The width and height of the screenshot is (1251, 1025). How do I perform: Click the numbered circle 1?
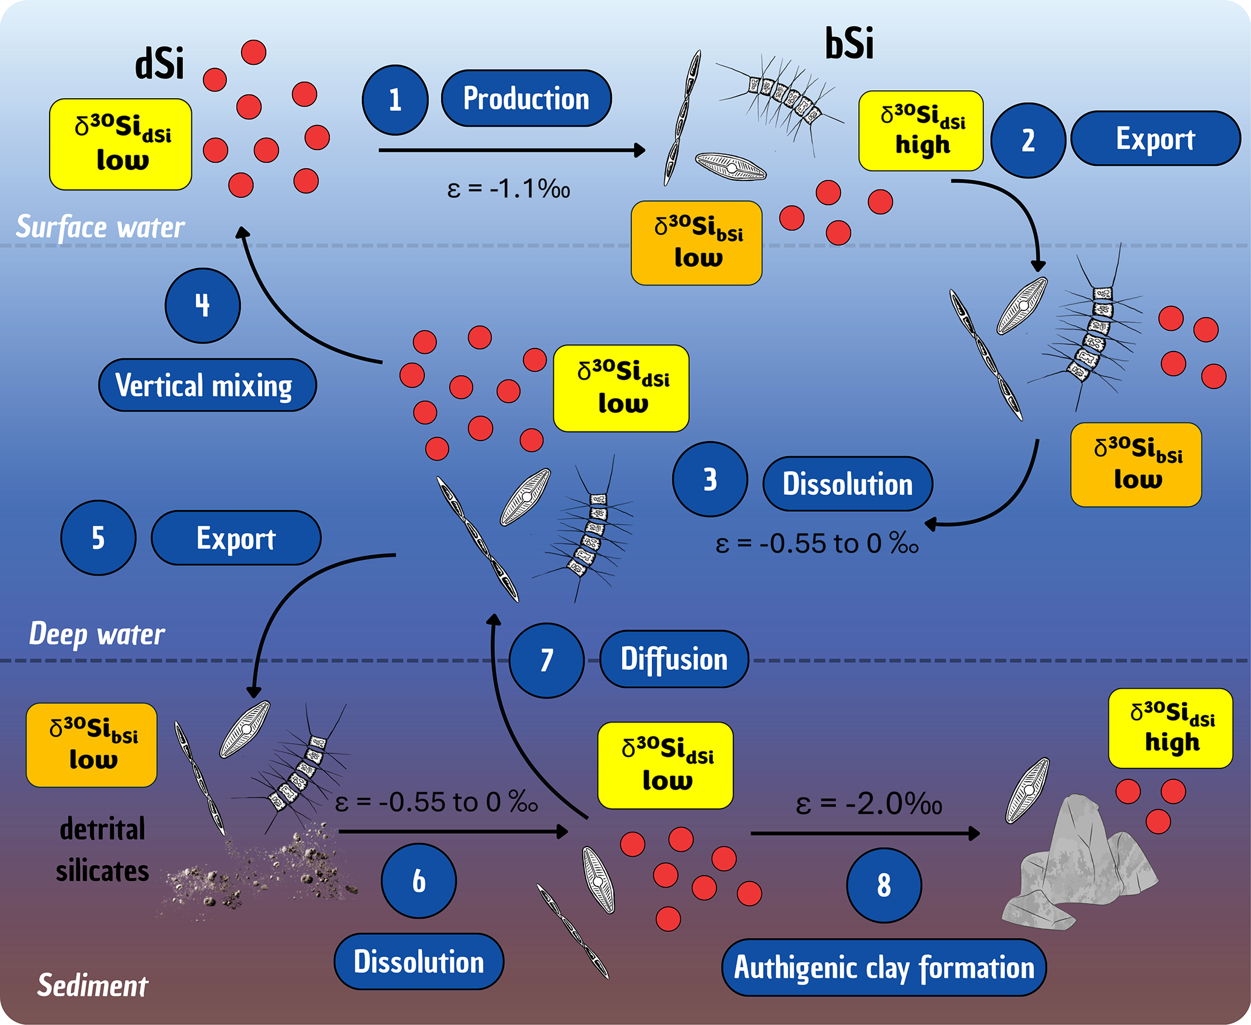[x=395, y=100]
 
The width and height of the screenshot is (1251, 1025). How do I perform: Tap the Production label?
[x=526, y=98]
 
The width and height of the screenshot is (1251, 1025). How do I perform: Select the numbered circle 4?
[x=203, y=306]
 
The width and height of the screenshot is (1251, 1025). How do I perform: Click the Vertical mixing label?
[x=207, y=385]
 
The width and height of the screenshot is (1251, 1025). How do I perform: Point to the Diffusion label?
[x=674, y=659]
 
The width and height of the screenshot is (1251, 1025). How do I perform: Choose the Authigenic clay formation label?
[x=884, y=968]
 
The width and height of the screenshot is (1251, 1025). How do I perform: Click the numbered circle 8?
[x=884, y=885]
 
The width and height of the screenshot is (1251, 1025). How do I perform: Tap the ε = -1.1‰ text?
[x=508, y=189]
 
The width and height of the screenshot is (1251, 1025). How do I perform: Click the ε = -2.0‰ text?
[x=868, y=804]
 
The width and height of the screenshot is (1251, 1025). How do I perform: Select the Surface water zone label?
[x=100, y=228]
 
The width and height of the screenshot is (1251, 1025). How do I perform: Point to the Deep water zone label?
[x=97, y=634]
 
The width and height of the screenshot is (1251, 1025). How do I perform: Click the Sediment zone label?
[x=93, y=986]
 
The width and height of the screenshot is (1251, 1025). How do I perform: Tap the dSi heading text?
[x=159, y=64]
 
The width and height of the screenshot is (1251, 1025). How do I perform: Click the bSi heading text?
[x=849, y=44]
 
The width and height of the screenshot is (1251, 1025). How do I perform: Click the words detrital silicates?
[x=102, y=850]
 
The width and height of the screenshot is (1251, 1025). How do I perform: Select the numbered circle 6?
[x=419, y=881]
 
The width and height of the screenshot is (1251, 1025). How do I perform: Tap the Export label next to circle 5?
[x=236, y=538]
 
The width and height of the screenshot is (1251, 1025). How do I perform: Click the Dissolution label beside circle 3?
[x=847, y=484]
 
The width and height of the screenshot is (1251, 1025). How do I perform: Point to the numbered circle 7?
[x=547, y=660]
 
